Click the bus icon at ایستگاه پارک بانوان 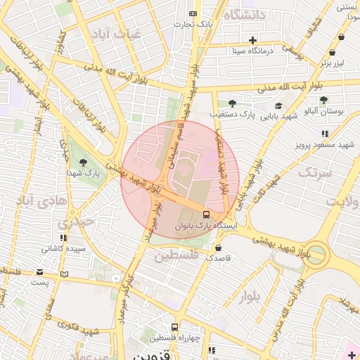(x=206, y=214)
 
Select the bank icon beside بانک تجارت (x=193, y=14)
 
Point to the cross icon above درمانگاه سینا (x=252, y=39)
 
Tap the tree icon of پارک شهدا (x=84, y=162)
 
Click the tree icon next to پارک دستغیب (x=232, y=103)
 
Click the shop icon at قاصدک (x=219, y=247)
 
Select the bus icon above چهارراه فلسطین (x=174, y=327)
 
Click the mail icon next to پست (x=39, y=272)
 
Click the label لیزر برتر (x=335, y=62)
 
